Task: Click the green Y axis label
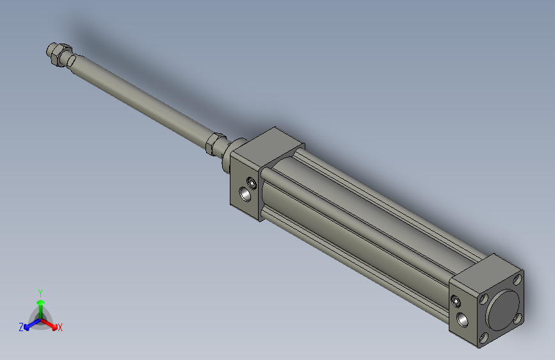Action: [40, 291]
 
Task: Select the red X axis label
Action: [60, 328]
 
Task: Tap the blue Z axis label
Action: [21, 327]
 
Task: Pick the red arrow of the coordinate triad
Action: [51, 323]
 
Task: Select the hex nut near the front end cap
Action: [214, 142]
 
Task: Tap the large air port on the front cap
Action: [244, 193]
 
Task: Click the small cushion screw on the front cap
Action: [252, 184]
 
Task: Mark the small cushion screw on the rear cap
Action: [455, 300]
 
